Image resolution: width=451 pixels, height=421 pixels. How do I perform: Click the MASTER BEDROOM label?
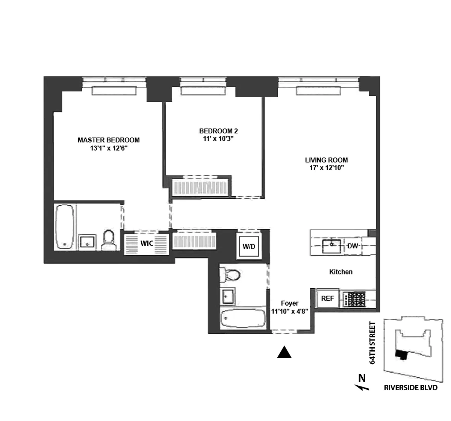(x=108, y=140)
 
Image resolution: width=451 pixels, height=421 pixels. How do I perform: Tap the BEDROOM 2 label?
(x=218, y=131)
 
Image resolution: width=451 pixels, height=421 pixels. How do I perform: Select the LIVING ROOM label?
(x=326, y=160)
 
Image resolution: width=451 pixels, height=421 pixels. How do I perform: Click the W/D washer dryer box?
(x=249, y=247)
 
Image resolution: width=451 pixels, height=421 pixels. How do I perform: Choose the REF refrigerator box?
(x=327, y=298)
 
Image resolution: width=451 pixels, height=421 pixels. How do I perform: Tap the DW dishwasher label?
(x=353, y=246)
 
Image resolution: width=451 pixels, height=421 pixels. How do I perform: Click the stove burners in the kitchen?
(x=355, y=299)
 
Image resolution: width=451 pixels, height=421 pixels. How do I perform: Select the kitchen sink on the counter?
(x=332, y=246)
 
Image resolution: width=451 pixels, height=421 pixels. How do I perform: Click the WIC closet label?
(x=147, y=243)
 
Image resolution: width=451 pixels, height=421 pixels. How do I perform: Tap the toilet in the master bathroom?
(x=109, y=239)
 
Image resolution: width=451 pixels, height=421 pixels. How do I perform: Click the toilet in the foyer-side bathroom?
(x=230, y=275)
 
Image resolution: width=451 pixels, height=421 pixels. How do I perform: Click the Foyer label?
(x=289, y=303)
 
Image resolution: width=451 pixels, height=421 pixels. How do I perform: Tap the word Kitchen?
(x=341, y=272)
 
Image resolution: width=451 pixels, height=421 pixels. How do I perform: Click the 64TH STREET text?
(x=372, y=343)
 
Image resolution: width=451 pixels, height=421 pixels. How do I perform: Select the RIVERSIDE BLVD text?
(x=410, y=388)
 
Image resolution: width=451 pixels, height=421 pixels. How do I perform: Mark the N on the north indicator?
(x=362, y=378)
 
